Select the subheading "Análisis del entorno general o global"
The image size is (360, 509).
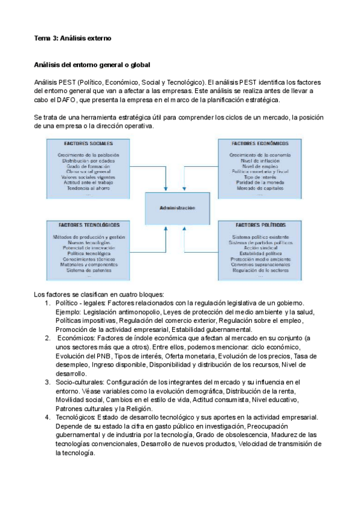tap(92, 64)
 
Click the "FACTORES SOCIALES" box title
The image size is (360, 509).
tap(88, 144)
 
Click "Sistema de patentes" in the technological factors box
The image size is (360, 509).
tap(89, 270)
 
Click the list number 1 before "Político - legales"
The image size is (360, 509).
tap(47, 304)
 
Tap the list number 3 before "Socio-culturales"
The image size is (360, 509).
tap(47, 382)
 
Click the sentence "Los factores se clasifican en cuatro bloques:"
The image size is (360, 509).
tap(99, 295)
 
